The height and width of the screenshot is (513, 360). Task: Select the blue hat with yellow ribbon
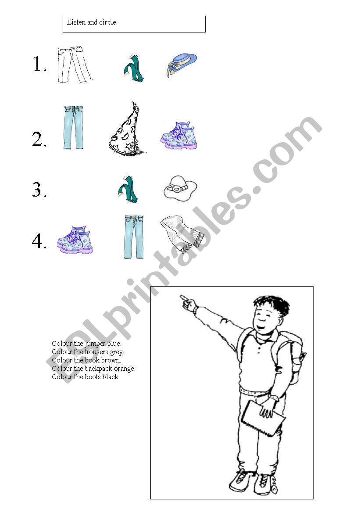(182, 65)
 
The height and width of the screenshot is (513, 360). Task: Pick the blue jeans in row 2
(73, 127)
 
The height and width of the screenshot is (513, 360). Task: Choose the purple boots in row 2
(179, 136)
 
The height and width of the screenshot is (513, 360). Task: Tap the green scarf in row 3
(128, 190)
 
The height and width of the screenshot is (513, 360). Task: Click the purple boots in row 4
(75, 240)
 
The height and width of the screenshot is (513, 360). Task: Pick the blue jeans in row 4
(134, 237)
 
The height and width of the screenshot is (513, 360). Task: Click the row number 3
(39, 190)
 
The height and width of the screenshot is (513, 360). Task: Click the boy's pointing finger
(185, 299)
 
